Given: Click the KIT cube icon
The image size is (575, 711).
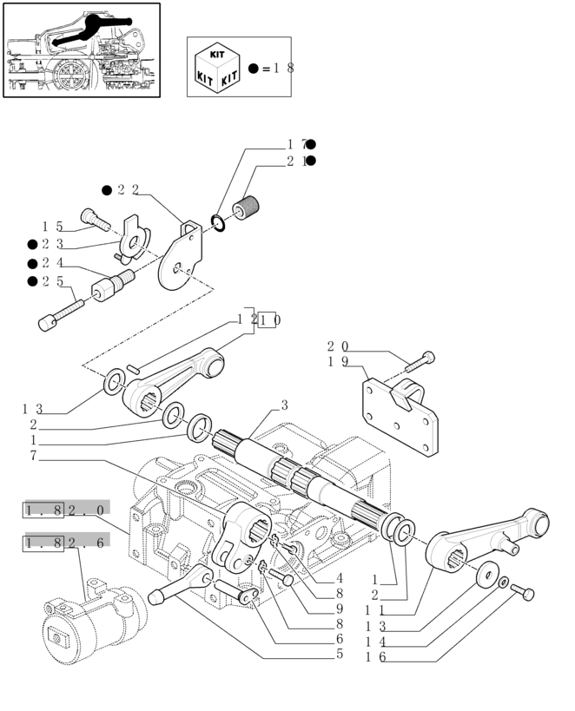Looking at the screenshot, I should point(218,67).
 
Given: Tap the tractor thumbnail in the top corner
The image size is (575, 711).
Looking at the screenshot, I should point(83,50).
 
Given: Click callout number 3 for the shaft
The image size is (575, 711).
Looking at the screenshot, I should point(283,405).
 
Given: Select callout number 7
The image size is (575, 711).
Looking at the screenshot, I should point(33,456).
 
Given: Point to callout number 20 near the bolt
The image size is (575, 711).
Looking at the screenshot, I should point(337,346).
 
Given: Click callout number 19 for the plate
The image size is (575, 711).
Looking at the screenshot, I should point(337,361).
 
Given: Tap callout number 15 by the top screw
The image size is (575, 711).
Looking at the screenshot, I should point(51,227).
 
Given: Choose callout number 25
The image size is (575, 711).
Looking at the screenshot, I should point(51,281).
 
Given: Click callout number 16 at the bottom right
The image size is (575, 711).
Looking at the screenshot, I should point(374,659).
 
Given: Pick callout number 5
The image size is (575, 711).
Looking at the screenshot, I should point(340,654).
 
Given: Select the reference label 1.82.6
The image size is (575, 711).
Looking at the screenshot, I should point(64,543).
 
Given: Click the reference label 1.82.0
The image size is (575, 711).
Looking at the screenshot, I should point(64,510).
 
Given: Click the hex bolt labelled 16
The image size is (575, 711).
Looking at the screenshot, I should point(525,594).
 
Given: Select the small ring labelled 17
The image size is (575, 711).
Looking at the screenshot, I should point(218,224).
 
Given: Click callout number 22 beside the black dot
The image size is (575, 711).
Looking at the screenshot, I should point(128,190).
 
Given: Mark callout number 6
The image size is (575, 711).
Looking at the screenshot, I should point(340,639).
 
